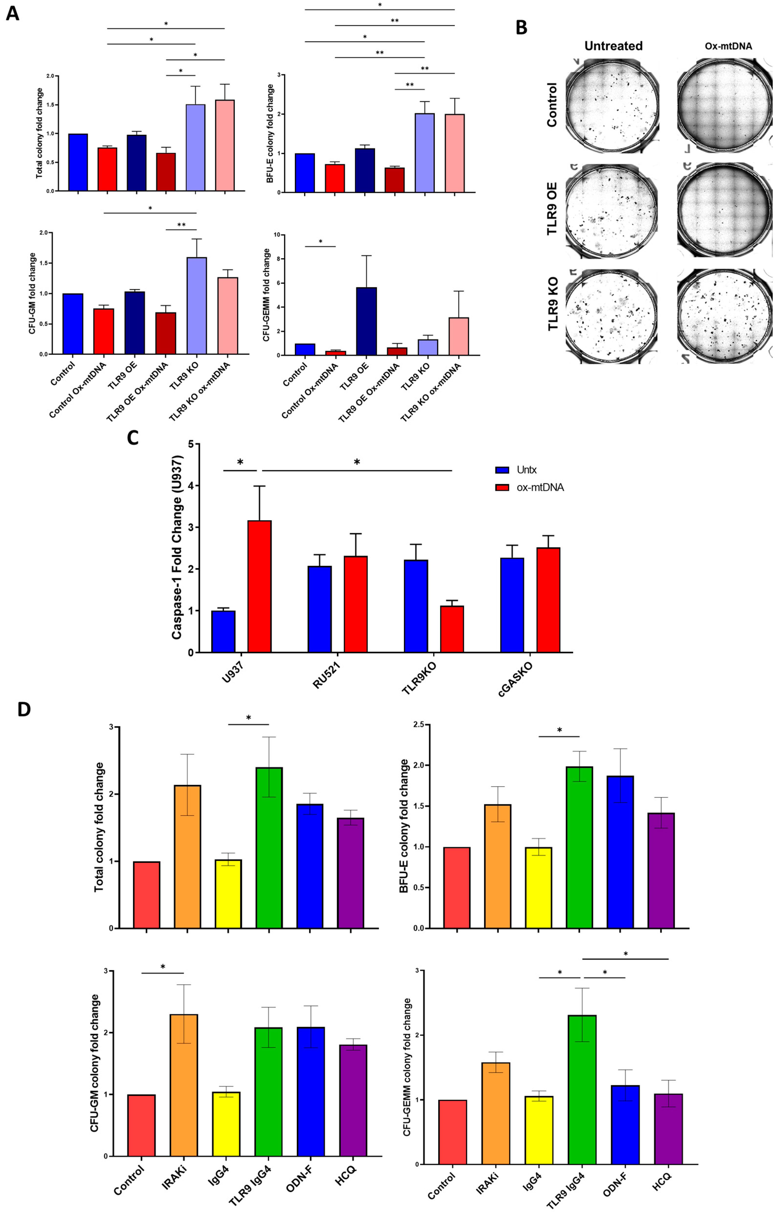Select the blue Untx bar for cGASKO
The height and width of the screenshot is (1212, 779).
pos(512,605)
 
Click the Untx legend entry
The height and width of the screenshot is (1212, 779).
pos(526,470)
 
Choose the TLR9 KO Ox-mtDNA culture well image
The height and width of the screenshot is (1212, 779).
pos(725,316)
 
